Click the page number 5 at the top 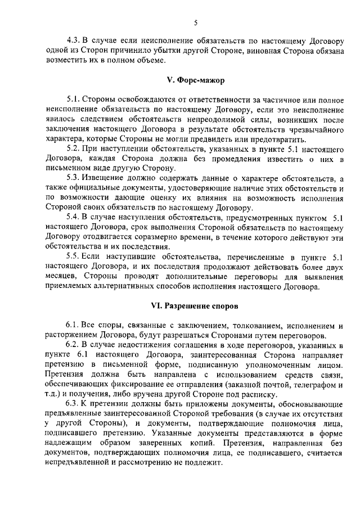click(x=195, y=23)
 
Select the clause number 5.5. click(x=73, y=256)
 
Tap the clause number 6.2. click(x=73, y=345)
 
